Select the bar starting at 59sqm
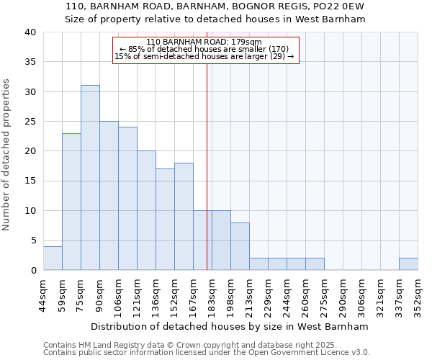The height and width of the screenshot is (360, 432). tap(71, 202)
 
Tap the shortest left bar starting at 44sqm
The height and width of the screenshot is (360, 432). tap(53, 258)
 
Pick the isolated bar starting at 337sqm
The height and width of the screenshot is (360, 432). tap(408, 264)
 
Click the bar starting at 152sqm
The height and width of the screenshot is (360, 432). tap(184, 217)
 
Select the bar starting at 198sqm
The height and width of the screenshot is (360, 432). tap(240, 246)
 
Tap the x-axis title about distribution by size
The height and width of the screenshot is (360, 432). tap(230, 326)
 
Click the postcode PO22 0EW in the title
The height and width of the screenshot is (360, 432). tap(339, 6)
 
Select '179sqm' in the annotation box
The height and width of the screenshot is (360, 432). tap(245, 42)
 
